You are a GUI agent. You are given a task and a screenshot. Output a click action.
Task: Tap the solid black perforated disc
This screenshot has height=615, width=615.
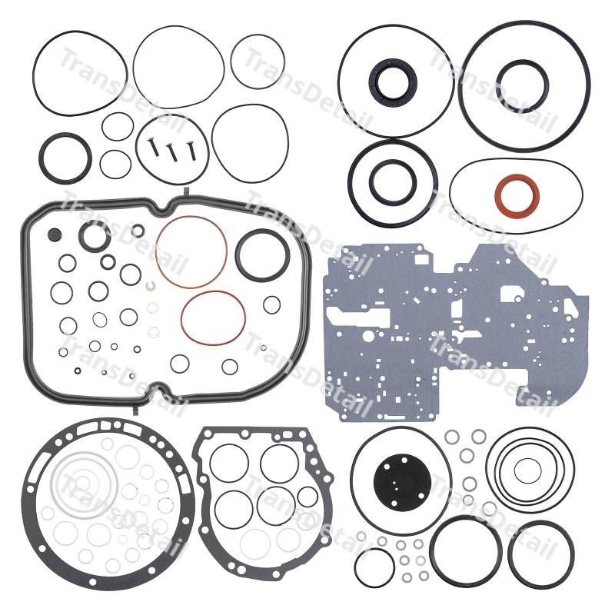point(402,482)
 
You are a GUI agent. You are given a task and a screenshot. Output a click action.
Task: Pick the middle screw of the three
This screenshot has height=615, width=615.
point(172,152)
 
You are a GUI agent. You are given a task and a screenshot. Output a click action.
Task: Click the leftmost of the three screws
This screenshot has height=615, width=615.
point(152,148)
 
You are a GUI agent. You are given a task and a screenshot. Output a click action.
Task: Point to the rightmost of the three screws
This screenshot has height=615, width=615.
point(191,151)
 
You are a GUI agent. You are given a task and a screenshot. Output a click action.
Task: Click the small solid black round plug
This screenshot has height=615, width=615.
point(55,234)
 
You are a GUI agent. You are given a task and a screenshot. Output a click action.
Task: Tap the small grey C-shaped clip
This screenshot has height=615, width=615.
point(149,287)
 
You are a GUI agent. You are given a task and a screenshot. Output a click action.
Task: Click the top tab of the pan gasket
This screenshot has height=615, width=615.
point(185,193)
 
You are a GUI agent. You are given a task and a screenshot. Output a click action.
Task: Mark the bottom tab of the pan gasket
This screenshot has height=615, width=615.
point(135,410)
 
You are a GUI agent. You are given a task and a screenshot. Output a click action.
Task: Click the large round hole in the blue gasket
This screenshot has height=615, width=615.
point(368,336)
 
